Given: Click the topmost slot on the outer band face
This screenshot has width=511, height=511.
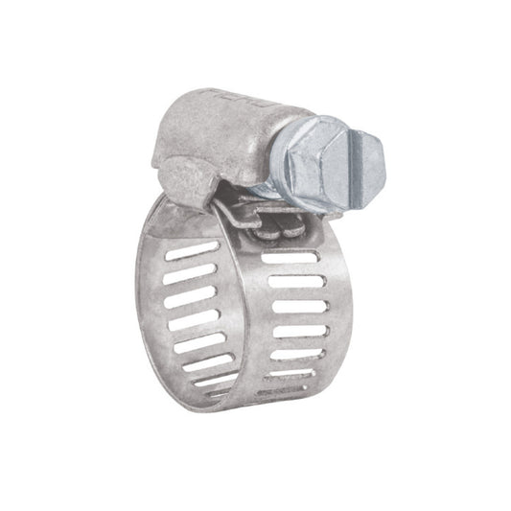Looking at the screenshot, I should tap(288, 260).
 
